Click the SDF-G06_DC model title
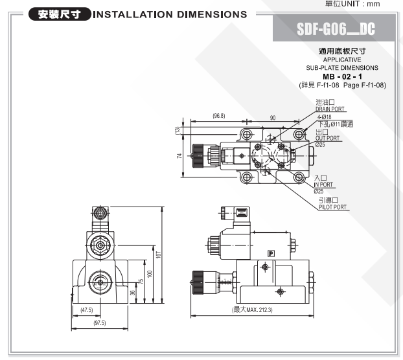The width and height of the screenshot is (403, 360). pos(336,28)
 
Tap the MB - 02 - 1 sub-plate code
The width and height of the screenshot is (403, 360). pos(342,76)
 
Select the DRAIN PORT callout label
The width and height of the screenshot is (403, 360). pos(330,109)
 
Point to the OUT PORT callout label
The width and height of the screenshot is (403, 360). pos(327,139)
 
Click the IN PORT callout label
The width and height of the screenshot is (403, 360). pos(323,185)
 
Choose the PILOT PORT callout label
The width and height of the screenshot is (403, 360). pos(332,207)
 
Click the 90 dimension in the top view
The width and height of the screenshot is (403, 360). pos(273,118)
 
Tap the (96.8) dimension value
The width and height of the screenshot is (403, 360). pos(219,116)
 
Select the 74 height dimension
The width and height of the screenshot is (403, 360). pos(179,155)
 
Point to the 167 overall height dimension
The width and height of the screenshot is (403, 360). pos(158,254)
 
